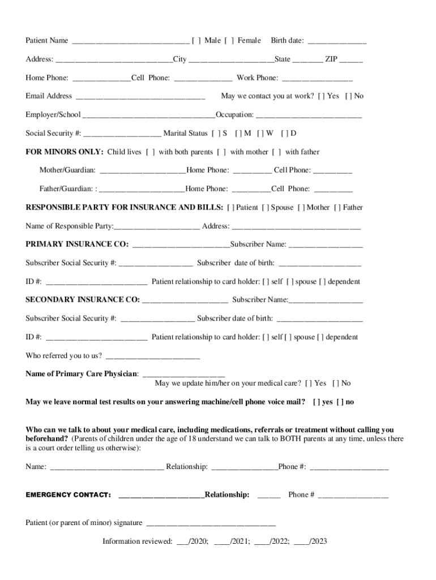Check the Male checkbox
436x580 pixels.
196,40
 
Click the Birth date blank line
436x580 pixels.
337,41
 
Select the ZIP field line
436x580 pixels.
352,60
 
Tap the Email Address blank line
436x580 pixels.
140,97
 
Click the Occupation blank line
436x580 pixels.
309,116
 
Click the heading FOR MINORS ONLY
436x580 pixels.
64,152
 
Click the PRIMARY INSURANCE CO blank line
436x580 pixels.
181,245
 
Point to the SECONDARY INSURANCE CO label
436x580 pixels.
83,300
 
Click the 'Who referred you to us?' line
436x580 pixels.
153,357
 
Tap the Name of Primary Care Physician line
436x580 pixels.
184,375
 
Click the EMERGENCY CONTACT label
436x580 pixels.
68,495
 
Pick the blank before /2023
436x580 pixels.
301,542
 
